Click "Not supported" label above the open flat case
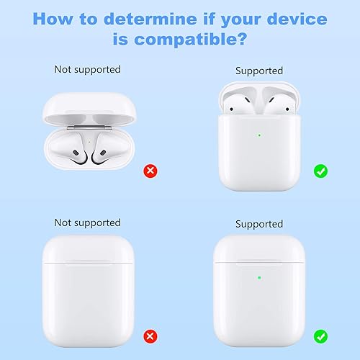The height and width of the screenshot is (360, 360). point(87,70)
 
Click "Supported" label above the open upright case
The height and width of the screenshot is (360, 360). point(259,71)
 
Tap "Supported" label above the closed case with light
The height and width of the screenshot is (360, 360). point(259,224)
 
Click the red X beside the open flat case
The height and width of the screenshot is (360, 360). point(150,171)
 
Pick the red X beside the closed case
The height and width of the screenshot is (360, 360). point(150,336)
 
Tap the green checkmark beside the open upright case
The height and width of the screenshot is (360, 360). point(320,171)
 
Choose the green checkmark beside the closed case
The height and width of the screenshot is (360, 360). point(320,336)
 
